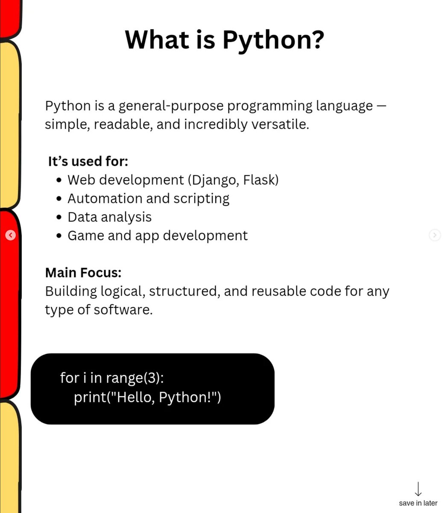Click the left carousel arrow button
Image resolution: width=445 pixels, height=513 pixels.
(11, 235)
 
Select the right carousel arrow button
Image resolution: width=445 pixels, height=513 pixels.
(434, 235)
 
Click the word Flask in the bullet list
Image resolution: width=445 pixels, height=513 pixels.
(260, 180)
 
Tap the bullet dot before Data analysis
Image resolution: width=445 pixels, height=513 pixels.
(59, 217)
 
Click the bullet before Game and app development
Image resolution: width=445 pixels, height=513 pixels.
(59, 236)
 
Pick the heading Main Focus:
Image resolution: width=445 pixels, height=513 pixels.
(83, 272)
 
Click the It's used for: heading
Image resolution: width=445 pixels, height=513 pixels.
(88, 161)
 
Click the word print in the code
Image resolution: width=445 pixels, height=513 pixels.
(90, 397)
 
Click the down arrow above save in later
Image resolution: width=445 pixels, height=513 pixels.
(418, 489)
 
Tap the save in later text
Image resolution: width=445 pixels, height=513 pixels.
(418, 503)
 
